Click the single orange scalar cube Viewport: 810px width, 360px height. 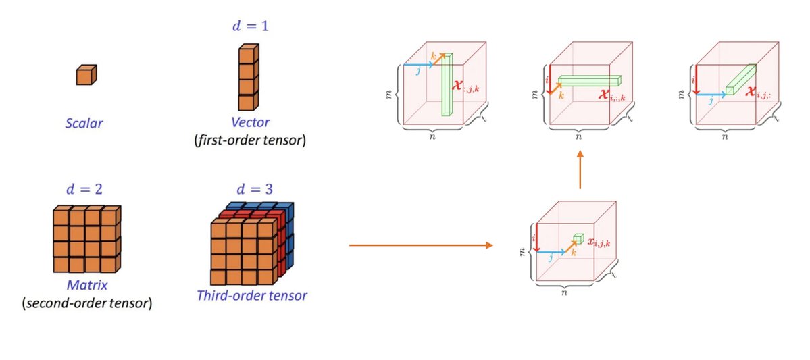(86, 75)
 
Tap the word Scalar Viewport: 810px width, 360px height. (85, 123)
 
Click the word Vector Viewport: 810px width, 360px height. (249, 122)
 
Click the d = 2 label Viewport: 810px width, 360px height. (85, 190)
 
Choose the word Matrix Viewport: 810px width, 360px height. (86, 286)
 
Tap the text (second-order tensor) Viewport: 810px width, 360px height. (86, 303)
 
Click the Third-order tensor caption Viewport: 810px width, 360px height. (252, 295)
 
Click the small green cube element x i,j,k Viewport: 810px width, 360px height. (578, 238)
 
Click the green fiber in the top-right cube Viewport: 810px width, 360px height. (741, 79)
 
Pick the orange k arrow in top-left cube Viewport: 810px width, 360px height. (438, 59)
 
